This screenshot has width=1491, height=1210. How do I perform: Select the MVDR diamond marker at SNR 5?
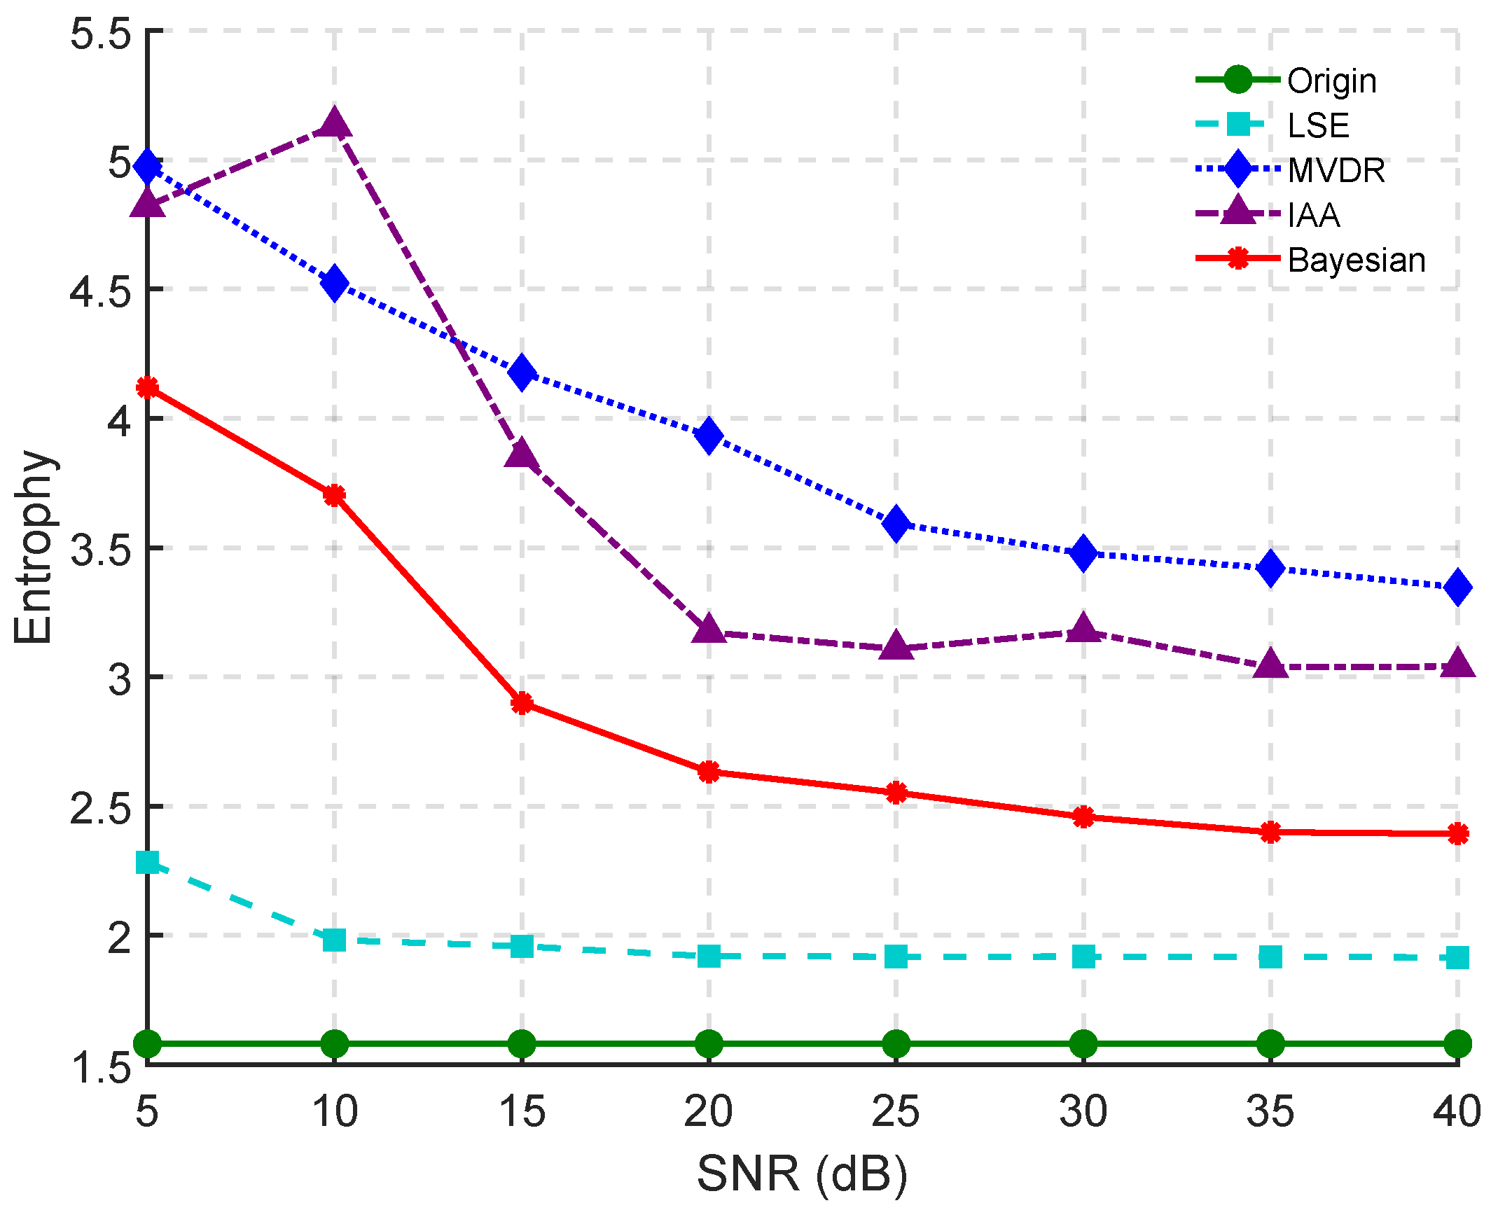pyautogui.click(x=148, y=167)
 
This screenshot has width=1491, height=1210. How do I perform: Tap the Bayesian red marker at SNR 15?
pyautogui.click(x=522, y=703)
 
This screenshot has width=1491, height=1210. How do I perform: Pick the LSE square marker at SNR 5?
pyautogui.click(x=148, y=862)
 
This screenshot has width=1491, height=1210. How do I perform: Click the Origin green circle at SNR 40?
pyautogui.click(x=1457, y=1043)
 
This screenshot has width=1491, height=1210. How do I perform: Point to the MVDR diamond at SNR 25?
pyautogui.click(x=896, y=523)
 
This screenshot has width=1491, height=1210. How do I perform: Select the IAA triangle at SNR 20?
pyautogui.click(x=709, y=630)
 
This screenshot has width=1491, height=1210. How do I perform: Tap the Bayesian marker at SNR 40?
pyautogui.click(x=1457, y=833)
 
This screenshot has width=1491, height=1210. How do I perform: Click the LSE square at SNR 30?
pyautogui.click(x=1083, y=956)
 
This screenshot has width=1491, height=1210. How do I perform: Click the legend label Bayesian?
pyautogui.click(x=1356, y=260)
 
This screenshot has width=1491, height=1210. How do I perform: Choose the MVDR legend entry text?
pyautogui.click(x=1336, y=171)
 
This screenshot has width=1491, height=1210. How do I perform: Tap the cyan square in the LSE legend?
pyautogui.click(x=1237, y=125)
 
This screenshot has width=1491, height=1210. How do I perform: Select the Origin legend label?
pyautogui.click(x=1331, y=81)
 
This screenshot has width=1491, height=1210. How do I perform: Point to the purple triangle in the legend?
pyautogui.click(x=1237, y=212)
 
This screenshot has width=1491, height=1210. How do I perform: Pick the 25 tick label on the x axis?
pyautogui.click(x=896, y=1111)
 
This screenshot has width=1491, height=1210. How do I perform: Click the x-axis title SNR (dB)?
pyautogui.click(x=802, y=1174)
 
